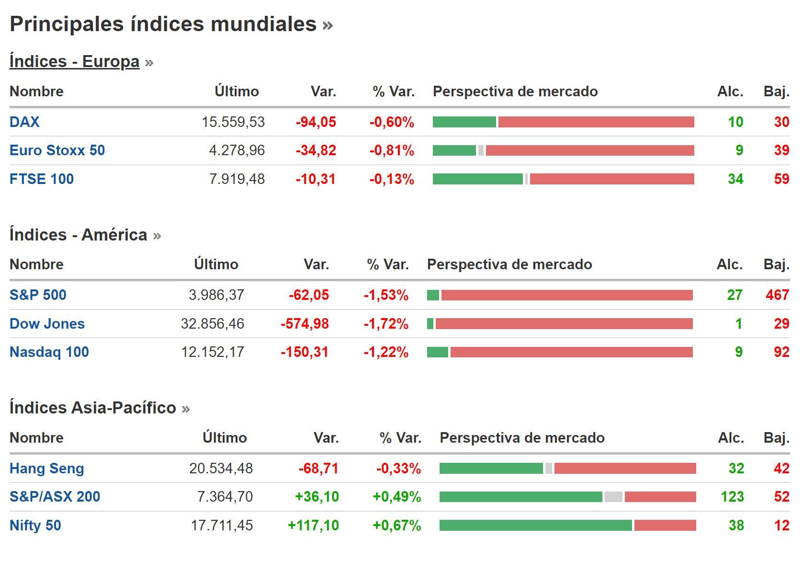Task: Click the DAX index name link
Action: pos(24,122)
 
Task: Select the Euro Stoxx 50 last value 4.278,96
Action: pos(237,150)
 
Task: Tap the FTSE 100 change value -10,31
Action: pos(316,179)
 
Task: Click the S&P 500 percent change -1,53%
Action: pos(385,295)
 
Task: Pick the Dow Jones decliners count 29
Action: pos(781,324)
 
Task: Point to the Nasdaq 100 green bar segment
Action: pos(437,353)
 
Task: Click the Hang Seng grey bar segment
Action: pos(548,469)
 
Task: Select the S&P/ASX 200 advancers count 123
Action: pos(732,497)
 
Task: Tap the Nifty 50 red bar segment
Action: pos(665,526)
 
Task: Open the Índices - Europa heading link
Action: pos(74,61)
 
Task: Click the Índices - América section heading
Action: pos(78,235)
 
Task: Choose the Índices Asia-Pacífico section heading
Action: pos(93,408)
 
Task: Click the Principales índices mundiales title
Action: pos(163,24)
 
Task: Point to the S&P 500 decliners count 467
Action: pos(777,295)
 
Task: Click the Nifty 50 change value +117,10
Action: pos(313,526)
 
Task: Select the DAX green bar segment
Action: pos(464,122)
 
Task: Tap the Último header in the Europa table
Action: pos(237,92)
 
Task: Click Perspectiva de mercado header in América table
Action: pos(509,264)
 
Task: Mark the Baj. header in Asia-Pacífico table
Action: pos(776,438)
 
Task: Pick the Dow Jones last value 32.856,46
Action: pos(212,324)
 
